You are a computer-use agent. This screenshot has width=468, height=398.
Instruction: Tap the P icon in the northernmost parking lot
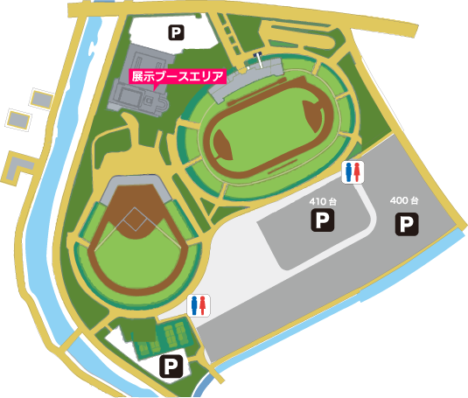177,33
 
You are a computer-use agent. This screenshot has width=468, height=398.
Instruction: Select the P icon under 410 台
324,220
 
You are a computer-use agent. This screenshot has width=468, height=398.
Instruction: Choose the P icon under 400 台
406,225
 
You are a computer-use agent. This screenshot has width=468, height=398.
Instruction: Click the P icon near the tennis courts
170,367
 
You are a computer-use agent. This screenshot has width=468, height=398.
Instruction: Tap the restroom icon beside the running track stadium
353,172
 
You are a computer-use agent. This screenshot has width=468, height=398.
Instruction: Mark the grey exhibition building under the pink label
140,103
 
